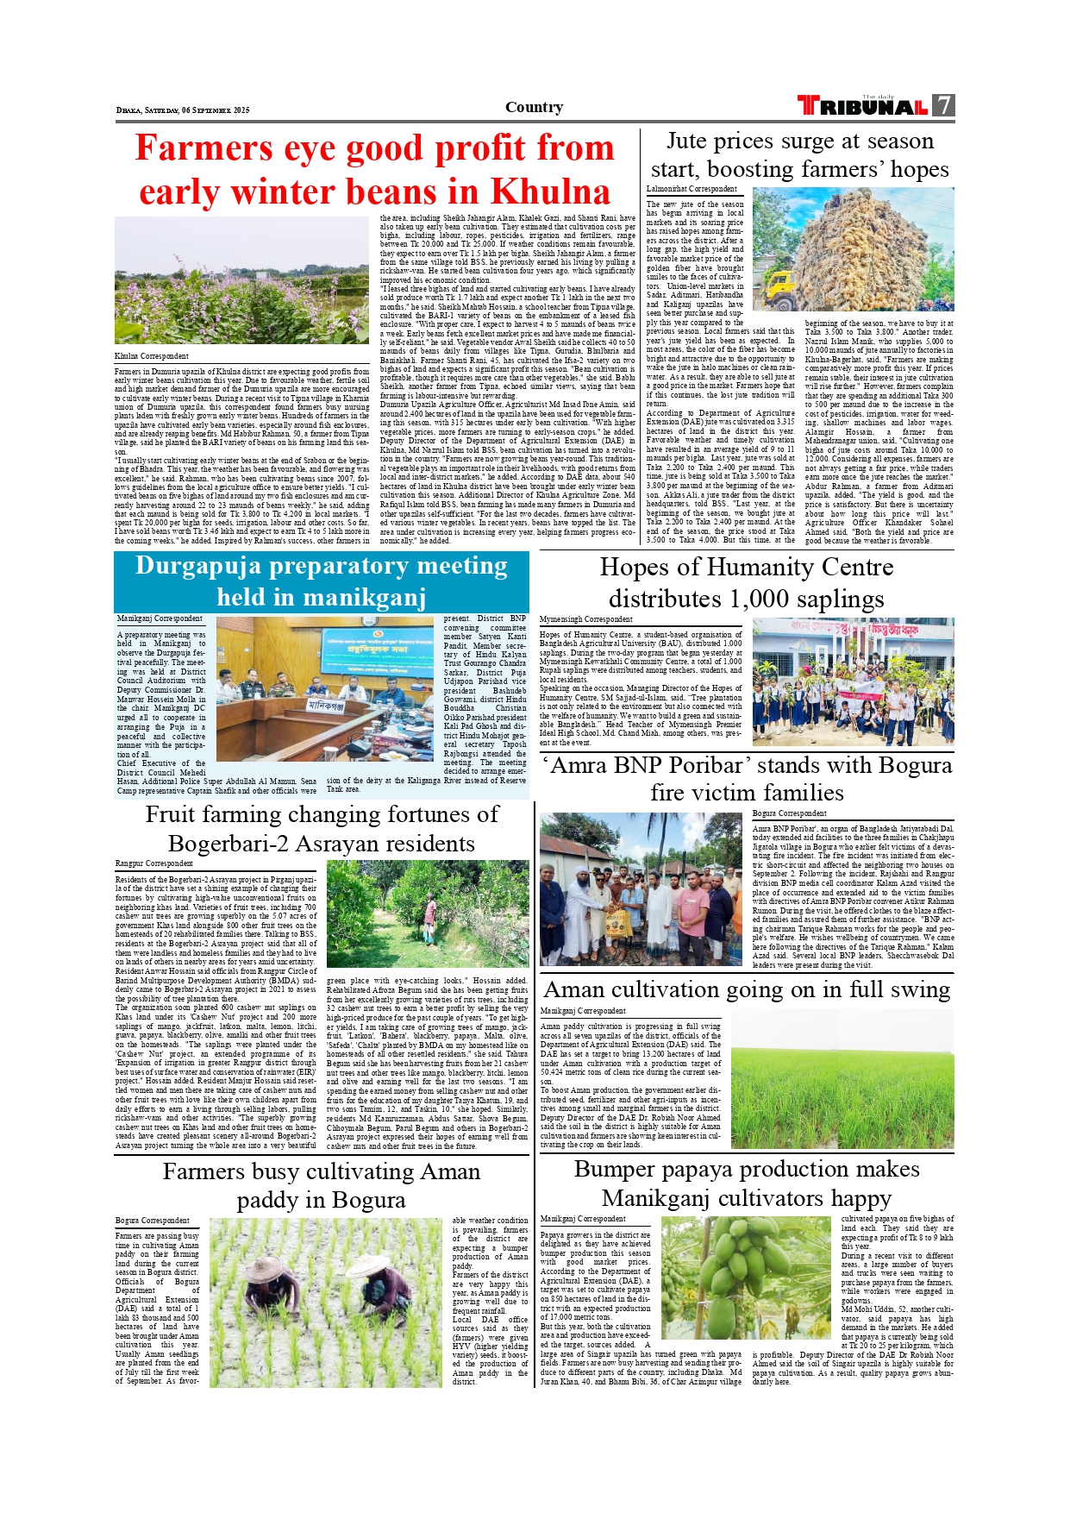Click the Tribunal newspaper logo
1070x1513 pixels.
pyautogui.click(x=863, y=106)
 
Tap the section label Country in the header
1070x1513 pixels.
pyautogui.click(x=534, y=107)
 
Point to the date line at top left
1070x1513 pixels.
pyautogui.click(x=183, y=110)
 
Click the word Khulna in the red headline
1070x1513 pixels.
pyautogui.click(x=551, y=191)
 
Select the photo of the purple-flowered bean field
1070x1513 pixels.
pyautogui.click(x=242, y=280)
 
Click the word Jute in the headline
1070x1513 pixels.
pyautogui.click(x=687, y=141)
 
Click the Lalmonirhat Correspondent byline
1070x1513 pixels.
pyautogui.click(x=691, y=189)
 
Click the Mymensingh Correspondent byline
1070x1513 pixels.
pyautogui.click(x=585, y=619)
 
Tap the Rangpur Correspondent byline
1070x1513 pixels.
pyautogui.click(x=154, y=863)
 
